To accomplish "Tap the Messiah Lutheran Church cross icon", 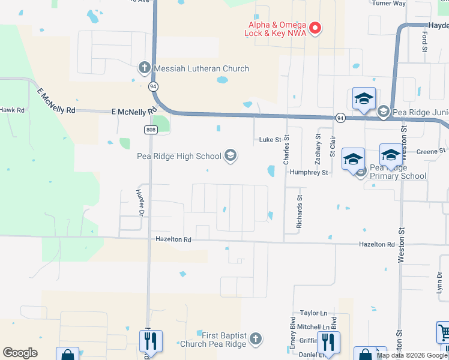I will click(145, 68).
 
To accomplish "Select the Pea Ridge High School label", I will click(179, 157).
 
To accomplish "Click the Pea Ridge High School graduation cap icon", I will click(230, 157).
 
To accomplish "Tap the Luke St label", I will click(270, 140).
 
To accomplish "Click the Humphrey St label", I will click(309, 173).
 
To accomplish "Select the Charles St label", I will click(286, 150).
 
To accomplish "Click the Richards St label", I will click(299, 211).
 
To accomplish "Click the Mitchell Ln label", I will click(314, 327).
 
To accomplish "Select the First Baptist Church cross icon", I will click(255, 339).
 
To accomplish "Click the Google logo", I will click(20, 353).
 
